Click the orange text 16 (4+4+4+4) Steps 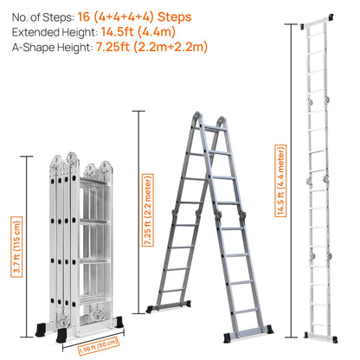(x=135, y=16)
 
